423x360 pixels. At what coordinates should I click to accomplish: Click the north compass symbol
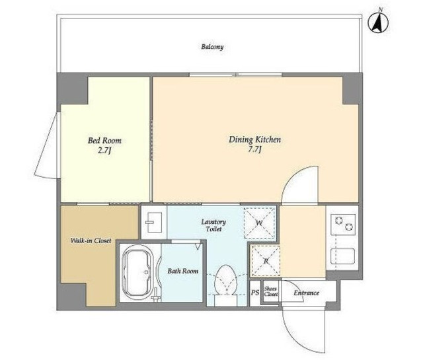pyautogui.click(x=378, y=22)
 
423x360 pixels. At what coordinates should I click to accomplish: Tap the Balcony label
pyautogui.click(x=212, y=47)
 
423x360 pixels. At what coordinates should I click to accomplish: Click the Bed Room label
pyautogui.click(x=104, y=141)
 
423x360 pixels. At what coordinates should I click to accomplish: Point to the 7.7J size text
pyautogui.click(x=254, y=149)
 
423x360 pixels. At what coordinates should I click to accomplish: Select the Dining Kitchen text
pyautogui.click(x=254, y=139)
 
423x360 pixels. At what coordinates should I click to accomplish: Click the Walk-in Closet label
pyautogui.click(x=91, y=240)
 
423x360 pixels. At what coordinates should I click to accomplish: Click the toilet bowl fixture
pyautogui.click(x=226, y=282)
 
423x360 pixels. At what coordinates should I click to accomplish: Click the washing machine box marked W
pyautogui.click(x=260, y=223)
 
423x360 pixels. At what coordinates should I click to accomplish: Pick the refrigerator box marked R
pyautogui.click(x=266, y=261)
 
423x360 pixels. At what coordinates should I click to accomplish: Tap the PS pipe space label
pyautogui.click(x=255, y=293)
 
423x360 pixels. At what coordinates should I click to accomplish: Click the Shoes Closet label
pyautogui.click(x=270, y=291)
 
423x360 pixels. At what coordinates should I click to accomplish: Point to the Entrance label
pyautogui.click(x=307, y=293)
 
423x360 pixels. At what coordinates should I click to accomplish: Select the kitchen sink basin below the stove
pyautogui.click(x=342, y=256)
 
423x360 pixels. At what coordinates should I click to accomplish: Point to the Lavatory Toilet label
pyautogui.click(x=213, y=225)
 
